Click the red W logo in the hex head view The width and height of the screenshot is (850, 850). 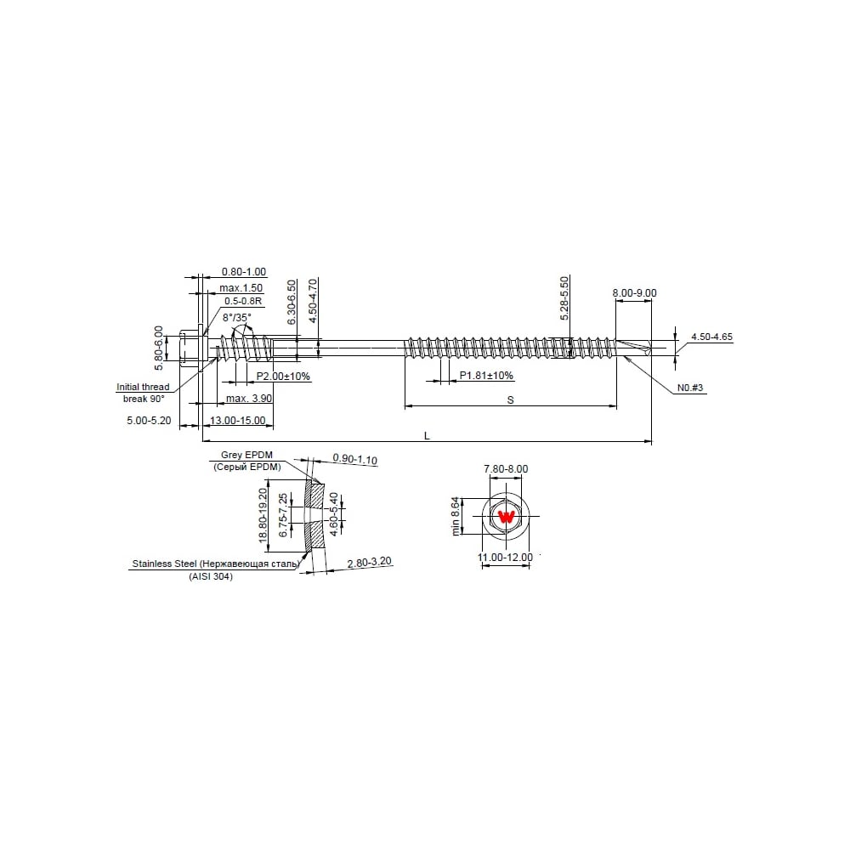507,517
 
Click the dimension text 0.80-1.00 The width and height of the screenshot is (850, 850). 243,272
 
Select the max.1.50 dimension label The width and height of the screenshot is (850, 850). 241,288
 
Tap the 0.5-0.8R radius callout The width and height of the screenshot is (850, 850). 243,301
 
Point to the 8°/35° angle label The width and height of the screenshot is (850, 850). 237,317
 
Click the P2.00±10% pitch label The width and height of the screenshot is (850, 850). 283,377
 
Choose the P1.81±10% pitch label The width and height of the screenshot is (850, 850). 486,375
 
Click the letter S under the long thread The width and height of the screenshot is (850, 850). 510,400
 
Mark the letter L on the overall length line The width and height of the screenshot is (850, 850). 428,436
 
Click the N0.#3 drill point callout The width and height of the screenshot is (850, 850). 690,388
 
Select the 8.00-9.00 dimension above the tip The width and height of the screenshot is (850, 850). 634,292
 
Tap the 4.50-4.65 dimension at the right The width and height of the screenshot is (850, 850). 711,337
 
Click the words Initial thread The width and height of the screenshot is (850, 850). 143,387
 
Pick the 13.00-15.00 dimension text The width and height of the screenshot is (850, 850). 237,420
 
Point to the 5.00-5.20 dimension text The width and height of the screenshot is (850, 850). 149,420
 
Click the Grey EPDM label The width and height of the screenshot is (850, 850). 246,455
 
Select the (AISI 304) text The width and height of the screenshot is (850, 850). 211,576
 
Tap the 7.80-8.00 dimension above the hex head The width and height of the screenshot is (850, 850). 506,468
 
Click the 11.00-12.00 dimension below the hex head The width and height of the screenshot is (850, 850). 505,557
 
